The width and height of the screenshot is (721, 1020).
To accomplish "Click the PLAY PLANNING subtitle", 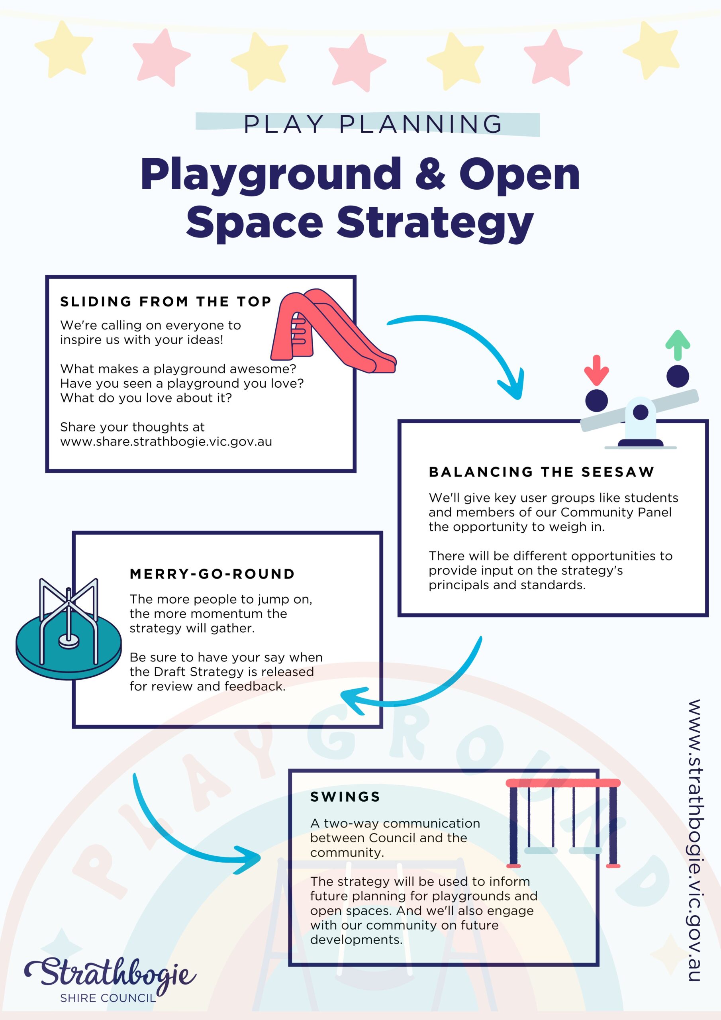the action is click(373, 124).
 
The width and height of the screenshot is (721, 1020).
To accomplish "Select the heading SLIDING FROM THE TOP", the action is click(166, 302).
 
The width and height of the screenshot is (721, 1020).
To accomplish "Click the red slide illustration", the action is click(333, 331).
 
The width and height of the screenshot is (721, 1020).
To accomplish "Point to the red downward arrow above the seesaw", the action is click(596, 370).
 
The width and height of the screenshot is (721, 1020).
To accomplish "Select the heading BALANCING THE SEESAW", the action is click(541, 472).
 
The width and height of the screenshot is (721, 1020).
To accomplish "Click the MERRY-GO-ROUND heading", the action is click(212, 574).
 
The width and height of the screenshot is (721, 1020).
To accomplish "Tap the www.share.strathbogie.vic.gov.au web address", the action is click(166, 441).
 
